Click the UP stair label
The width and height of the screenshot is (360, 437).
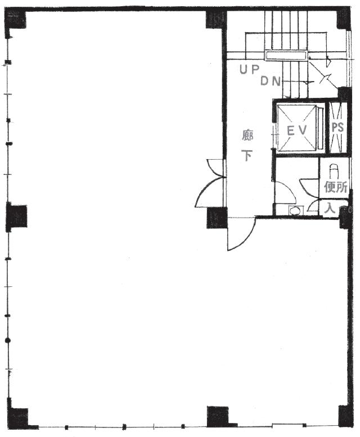(250, 69)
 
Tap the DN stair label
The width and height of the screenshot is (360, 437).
(270, 81)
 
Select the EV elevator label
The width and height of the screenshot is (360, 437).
(297, 130)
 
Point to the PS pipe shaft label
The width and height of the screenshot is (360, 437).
(337, 127)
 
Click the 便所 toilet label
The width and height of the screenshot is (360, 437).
(335, 187)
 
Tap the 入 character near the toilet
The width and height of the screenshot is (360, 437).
(330, 208)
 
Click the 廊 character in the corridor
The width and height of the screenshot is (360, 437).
(247, 136)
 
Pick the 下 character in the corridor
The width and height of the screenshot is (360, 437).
(247, 155)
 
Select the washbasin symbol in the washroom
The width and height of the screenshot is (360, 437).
(296, 210)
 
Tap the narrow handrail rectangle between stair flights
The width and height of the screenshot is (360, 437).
(285, 55)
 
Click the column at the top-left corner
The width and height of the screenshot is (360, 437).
(16, 20)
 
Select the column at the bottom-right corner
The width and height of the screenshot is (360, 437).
(345, 417)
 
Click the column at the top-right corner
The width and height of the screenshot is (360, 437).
(344, 19)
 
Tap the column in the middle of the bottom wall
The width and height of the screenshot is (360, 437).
(219, 417)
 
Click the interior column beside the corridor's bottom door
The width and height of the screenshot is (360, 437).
(217, 218)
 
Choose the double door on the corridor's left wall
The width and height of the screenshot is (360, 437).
(211, 183)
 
